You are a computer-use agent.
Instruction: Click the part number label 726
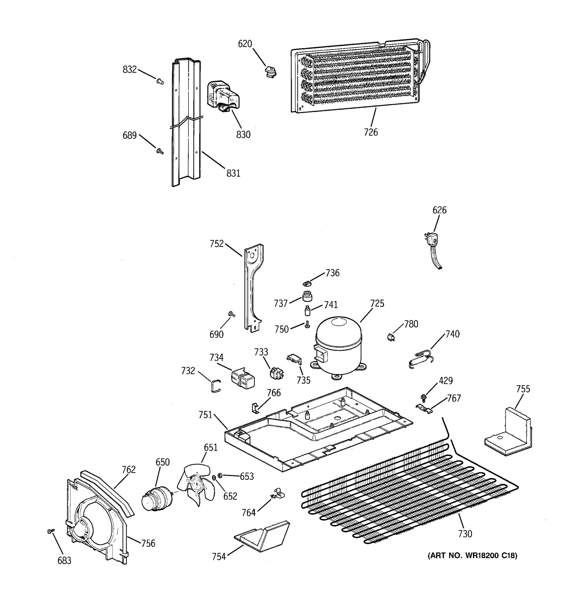coord(371,132)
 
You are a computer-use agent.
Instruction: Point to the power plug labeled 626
coord(432,240)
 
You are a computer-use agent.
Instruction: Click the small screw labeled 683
coord(51,531)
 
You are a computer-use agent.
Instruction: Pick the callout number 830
coord(243,134)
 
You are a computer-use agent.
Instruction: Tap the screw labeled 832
coord(160,81)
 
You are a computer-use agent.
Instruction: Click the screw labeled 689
coord(160,151)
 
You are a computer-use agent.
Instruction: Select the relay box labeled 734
coord(243,378)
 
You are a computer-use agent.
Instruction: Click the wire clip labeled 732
coord(216,386)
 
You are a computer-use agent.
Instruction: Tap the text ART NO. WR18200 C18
coord(472,555)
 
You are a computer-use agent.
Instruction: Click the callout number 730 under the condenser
coord(465,534)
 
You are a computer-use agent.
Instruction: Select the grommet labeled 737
coord(307,296)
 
